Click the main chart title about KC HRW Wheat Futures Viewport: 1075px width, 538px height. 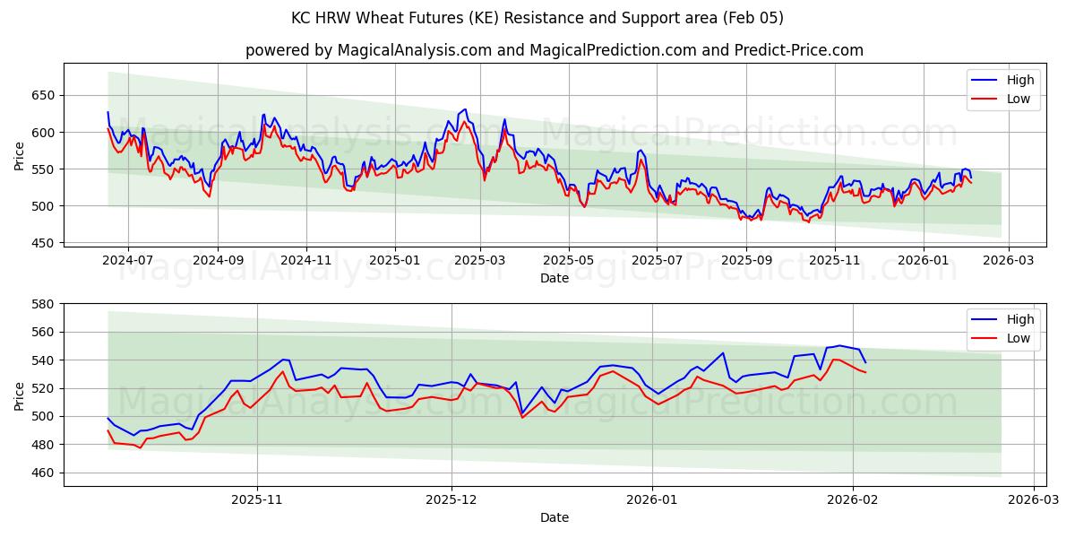(537, 18)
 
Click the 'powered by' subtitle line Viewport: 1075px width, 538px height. (555, 50)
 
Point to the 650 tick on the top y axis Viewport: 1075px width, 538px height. (43, 96)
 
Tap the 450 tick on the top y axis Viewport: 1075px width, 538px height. (43, 243)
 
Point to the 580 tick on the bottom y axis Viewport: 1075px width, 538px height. (43, 304)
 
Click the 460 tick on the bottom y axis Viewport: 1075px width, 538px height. (43, 473)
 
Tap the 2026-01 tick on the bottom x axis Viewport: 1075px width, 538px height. (652, 500)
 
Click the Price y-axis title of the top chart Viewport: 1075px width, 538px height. (19, 156)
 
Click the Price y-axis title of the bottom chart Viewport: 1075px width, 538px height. (19, 395)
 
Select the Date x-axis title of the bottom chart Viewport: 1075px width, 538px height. (555, 517)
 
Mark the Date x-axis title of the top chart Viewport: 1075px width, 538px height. (555, 278)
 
